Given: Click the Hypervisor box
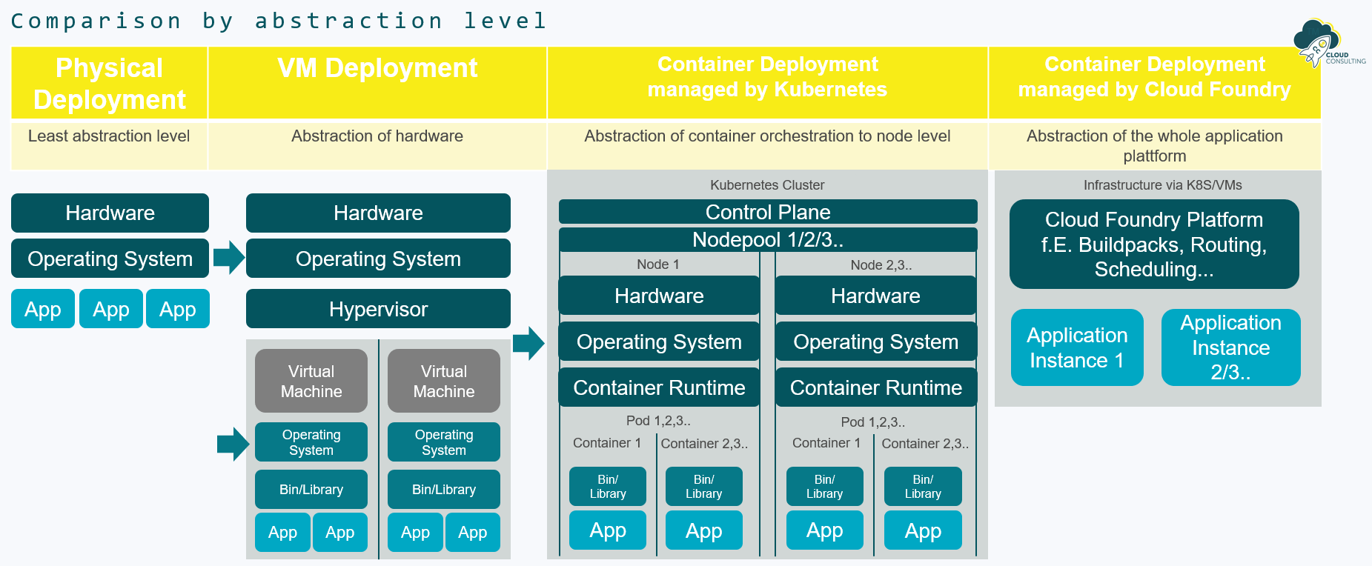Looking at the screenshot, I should tap(378, 309).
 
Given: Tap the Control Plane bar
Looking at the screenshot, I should tap(767, 212).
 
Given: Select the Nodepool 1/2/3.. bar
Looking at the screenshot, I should tap(767, 240).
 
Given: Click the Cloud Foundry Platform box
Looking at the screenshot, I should tap(1153, 244).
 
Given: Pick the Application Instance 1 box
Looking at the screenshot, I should tap(1077, 347).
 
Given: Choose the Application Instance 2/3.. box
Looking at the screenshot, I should tap(1230, 347).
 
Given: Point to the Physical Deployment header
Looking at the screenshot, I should tap(110, 83).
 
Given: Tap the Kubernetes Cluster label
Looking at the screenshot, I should tap(767, 185).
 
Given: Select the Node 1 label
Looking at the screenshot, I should tap(657, 264).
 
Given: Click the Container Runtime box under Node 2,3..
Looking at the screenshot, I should tap(875, 387).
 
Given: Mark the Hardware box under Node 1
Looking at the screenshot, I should tap(659, 296).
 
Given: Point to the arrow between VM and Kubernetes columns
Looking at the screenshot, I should tap(528, 342).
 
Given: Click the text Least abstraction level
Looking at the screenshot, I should tap(109, 136).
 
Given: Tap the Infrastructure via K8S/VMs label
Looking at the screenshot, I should tap(1162, 185).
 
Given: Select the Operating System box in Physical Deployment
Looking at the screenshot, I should tap(110, 259).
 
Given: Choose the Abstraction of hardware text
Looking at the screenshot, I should tap(377, 136).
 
